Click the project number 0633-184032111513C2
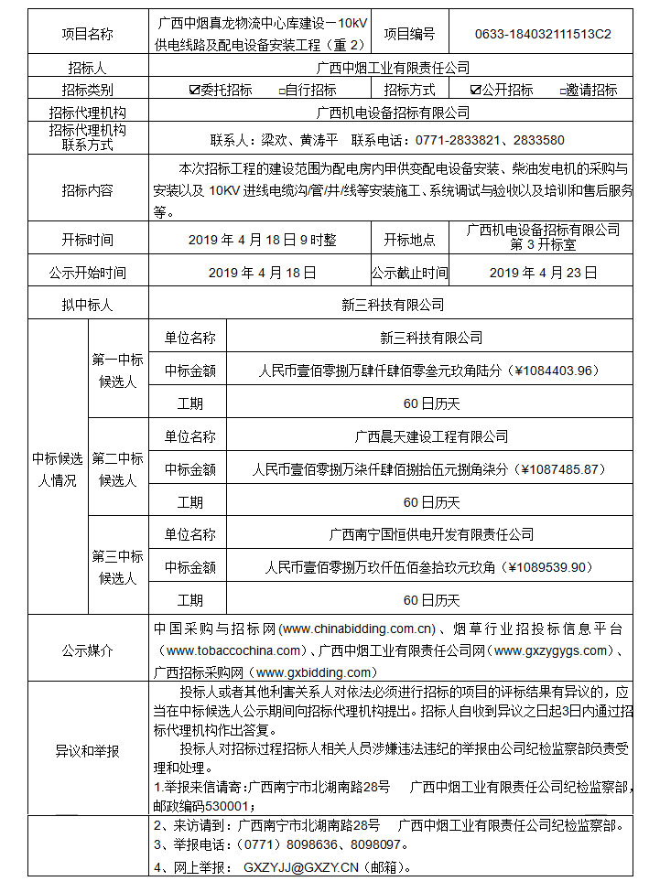[x=543, y=34]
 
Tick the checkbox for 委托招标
[x=193, y=91]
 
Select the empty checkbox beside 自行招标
[x=282, y=91]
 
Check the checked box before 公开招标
[x=475, y=91]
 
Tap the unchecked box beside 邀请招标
[x=562, y=91]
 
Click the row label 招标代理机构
[x=87, y=113]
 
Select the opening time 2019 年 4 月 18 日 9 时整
[x=262, y=240]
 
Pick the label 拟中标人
[x=87, y=305]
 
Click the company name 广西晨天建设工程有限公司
[x=431, y=436]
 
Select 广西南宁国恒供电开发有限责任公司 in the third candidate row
[x=431, y=534]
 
